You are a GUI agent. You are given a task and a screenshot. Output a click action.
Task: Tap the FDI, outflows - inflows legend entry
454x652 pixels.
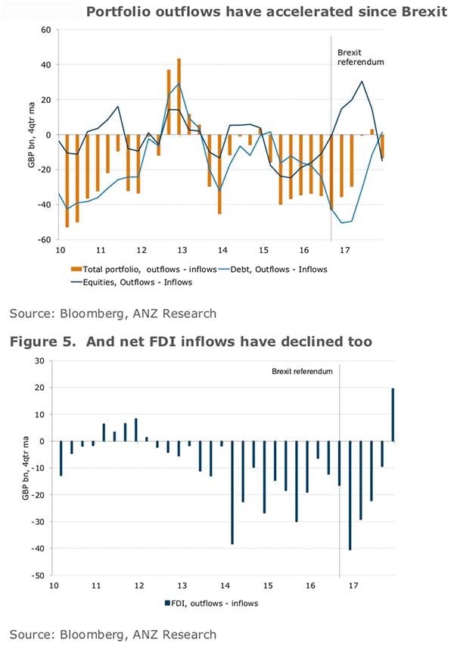point(214,603)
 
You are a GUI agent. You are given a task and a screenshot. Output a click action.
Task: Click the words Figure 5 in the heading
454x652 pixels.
point(39,342)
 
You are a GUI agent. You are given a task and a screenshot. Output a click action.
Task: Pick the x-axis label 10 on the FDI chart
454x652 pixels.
point(54,585)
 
